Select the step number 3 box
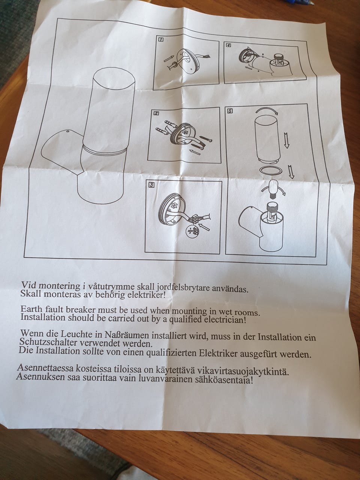pyautogui.click(x=151, y=184)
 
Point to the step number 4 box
pyautogui.click(x=228, y=45)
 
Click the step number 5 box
pyautogui.click(x=230, y=111)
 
